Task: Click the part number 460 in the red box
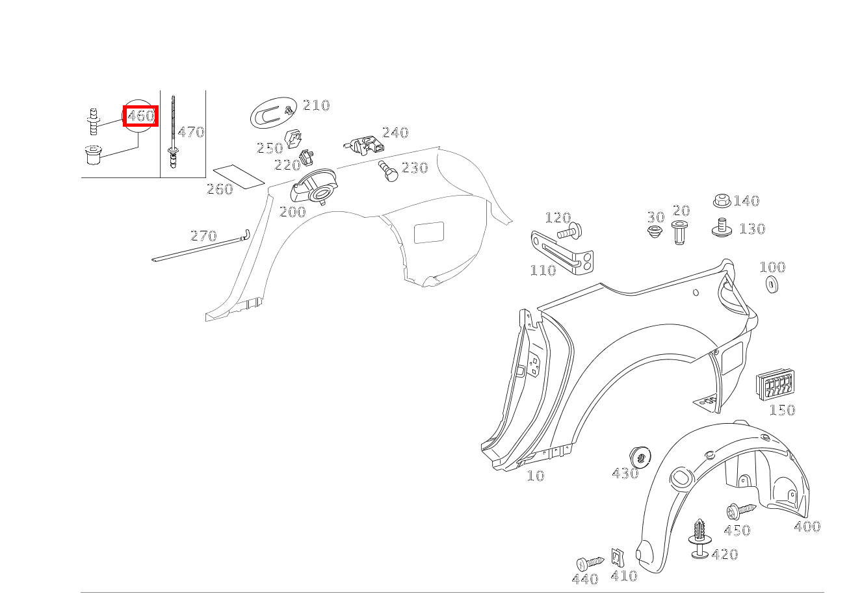pyautogui.click(x=141, y=116)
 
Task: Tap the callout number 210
pyautogui.click(x=317, y=105)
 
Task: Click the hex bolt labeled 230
pyautogui.click(x=388, y=171)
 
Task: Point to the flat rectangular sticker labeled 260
pyautogui.click(x=239, y=177)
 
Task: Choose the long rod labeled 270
pyautogui.click(x=200, y=245)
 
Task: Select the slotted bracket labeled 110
pyautogui.click(x=562, y=252)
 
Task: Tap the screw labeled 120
pyautogui.click(x=570, y=231)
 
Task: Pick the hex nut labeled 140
pyautogui.click(x=722, y=200)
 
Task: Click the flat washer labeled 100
pyautogui.click(x=772, y=284)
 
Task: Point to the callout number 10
pyautogui.click(x=536, y=476)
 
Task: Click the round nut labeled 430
pyautogui.click(x=640, y=457)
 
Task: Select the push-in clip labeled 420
pyautogui.click(x=699, y=539)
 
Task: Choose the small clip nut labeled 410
pyautogui.click(x=618, y=558)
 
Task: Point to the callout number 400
pyautogui.click(x=807, y=526)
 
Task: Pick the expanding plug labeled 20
pyautogui.click(x=680, y=233)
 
